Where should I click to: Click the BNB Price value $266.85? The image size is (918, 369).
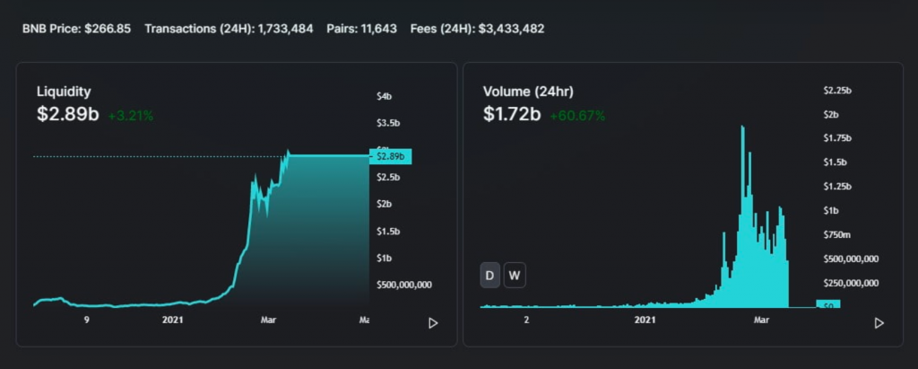point(108,29)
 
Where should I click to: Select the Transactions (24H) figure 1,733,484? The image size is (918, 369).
point(285,29)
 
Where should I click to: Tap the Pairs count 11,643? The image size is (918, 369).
point(380,29)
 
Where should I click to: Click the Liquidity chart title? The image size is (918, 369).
point(64,92)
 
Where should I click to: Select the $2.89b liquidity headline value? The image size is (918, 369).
point(67,114)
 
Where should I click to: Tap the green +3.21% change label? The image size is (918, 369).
point(131,116)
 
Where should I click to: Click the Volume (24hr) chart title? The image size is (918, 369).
point(528,92)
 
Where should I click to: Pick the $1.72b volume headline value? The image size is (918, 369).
point(512,114)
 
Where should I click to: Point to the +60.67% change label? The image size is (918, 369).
point(577,116)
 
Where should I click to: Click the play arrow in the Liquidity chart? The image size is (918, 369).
point(433,322)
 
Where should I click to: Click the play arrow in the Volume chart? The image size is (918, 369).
point(879,322)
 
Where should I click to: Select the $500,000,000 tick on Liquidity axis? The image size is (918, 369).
point(403,285)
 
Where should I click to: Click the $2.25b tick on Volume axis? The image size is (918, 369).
point(837,90)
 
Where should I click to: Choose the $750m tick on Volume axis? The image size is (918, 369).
point(837,234)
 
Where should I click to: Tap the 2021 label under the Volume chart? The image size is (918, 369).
point(646,320)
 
